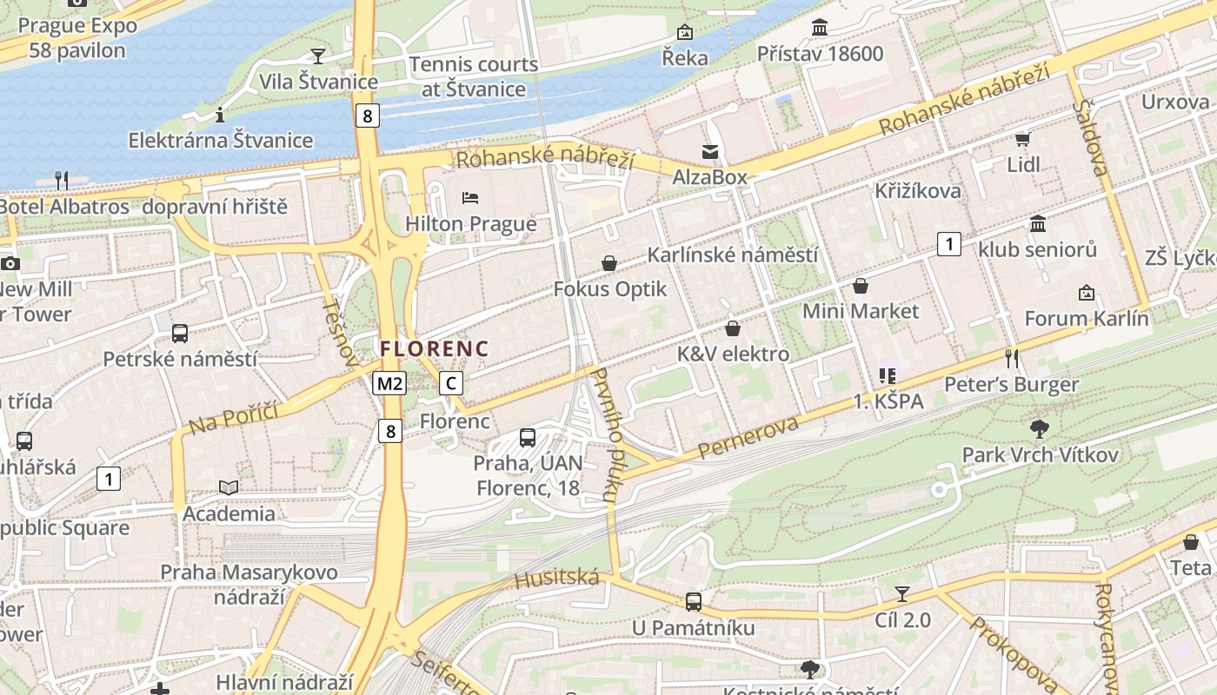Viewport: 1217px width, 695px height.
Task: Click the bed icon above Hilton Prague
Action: [470, 198]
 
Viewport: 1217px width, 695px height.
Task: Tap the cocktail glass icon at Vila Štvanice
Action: [318, 56]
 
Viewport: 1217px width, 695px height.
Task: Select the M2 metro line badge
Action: [389, 383]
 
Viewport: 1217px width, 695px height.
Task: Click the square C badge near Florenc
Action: [450, 383]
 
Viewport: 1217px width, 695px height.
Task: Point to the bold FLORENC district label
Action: [435, 348]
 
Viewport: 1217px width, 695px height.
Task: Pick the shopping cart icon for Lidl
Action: [1023, 139]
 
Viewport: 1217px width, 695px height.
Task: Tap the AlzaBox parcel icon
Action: [710, 152]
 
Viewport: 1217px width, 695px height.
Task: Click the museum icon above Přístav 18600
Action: [820, 28]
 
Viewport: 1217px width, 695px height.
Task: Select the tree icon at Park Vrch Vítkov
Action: [1039, 428]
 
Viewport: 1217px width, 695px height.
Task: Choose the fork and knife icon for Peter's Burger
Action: [1011, 357]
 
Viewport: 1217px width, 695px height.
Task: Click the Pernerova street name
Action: [748, 437]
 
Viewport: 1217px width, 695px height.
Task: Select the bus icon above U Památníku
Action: [694, 601]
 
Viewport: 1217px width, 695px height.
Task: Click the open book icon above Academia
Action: [229, 488]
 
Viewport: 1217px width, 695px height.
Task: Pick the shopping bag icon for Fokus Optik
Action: [610, 263]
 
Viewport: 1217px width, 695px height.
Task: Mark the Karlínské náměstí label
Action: [733, 255]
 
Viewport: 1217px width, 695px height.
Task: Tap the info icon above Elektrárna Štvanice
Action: [220, 114]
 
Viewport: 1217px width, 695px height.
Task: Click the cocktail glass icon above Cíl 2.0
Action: [902, 594]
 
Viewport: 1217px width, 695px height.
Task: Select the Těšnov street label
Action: [339, 332]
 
